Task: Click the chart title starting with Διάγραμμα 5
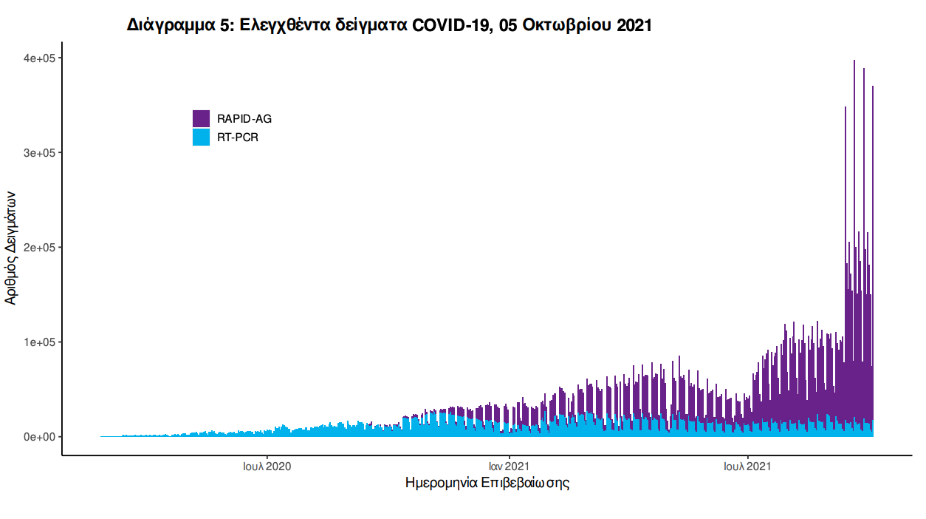point(389,25)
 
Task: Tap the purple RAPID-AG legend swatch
point(201,118)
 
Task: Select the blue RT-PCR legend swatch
point(201,137)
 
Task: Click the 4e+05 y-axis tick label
point(40,58)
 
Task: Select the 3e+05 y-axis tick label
point(40,153)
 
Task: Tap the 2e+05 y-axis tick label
point(40,248)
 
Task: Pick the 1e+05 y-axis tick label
point(40,342)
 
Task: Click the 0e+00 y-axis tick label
point(40,437)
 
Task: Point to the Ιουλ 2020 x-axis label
point(267,467)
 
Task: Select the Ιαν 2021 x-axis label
point(508,467)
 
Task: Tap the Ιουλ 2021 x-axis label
point(747,467)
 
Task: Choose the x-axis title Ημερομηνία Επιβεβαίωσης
point(487,484)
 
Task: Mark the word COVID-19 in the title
point(447,25)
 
